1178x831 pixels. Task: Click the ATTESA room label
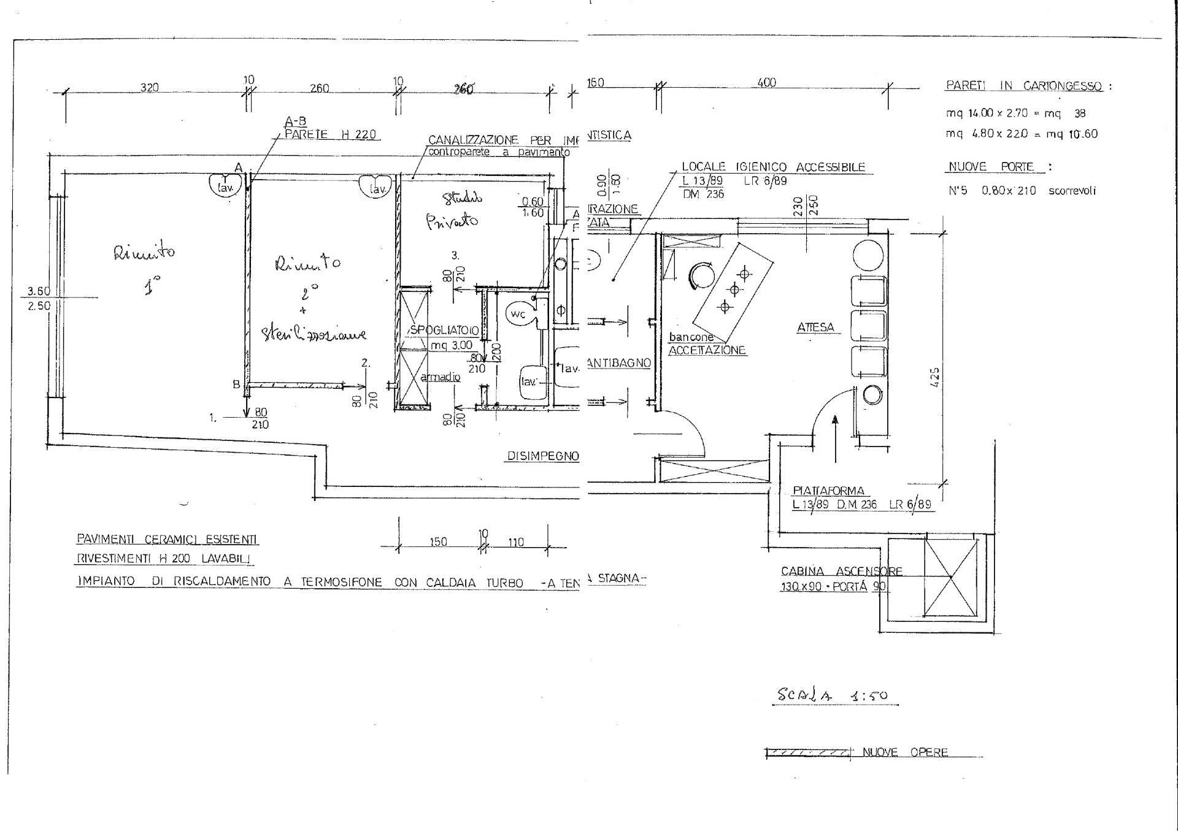815,327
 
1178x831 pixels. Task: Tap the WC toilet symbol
518,315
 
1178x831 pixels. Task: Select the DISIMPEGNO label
542,456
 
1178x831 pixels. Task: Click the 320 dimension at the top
150,88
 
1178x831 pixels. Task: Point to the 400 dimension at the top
767,83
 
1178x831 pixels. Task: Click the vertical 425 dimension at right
935,377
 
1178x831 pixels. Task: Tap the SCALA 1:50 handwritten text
832,695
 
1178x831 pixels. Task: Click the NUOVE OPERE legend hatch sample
807,752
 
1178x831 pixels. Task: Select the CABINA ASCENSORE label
841,571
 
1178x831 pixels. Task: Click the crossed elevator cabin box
950,577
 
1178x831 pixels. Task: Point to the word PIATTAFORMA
828,491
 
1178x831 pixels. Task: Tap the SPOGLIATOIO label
444,331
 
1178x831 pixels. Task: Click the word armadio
440,377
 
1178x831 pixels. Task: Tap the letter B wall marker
236,385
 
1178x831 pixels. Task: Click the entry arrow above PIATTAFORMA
835,438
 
